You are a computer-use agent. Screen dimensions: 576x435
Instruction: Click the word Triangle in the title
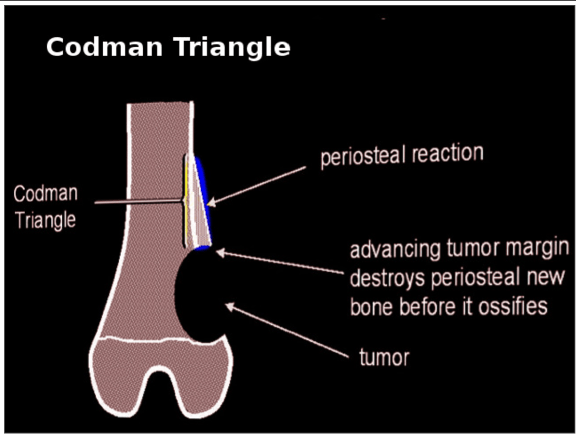(232, 48)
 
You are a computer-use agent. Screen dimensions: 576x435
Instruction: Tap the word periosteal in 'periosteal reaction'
(363, 156)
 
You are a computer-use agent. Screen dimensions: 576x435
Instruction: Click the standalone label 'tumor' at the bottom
(384, 357)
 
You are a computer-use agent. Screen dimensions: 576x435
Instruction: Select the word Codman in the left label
(45, 193)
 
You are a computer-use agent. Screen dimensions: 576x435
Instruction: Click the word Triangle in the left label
(45, 220)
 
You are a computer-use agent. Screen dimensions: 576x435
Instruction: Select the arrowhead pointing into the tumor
(229, 306)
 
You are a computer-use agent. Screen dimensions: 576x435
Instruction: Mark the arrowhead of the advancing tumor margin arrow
(220, 253)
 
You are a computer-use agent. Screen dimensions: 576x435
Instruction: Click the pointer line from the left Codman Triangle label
(139, 201)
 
